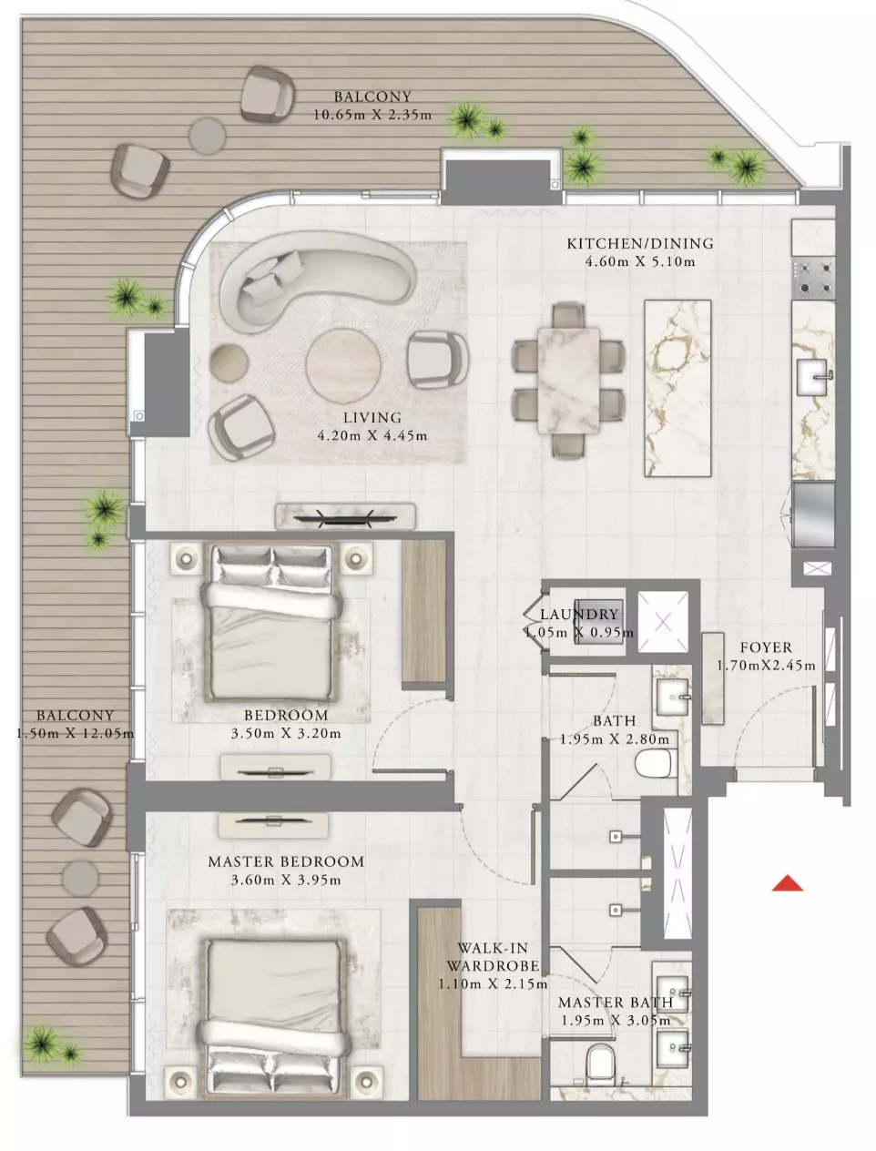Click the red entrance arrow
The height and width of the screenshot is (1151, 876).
[787, 883]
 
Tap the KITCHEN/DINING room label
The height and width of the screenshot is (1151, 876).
[640, 243]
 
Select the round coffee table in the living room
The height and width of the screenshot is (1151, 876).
[343, 365]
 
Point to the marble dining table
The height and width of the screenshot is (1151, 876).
[568, 381]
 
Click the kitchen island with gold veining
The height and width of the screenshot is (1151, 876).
[677, 389]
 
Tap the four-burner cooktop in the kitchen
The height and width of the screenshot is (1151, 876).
[813, 278]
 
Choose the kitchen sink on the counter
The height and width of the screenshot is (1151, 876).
[812, 377]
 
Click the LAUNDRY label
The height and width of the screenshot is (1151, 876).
[579, 614]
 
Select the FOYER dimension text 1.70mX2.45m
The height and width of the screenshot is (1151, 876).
[766, 666]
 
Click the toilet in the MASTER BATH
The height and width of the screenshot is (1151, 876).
[600, 1062]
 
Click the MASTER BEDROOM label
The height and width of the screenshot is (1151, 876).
[286, 861]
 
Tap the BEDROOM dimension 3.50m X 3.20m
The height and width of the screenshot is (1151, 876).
[286, 733]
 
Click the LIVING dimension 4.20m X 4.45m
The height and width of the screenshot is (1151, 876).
[372, 435]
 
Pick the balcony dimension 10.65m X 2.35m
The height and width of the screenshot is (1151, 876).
[372, 115]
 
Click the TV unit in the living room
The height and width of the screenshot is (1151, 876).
[345, 516]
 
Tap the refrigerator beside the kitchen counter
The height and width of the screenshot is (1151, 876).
[813, 514]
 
